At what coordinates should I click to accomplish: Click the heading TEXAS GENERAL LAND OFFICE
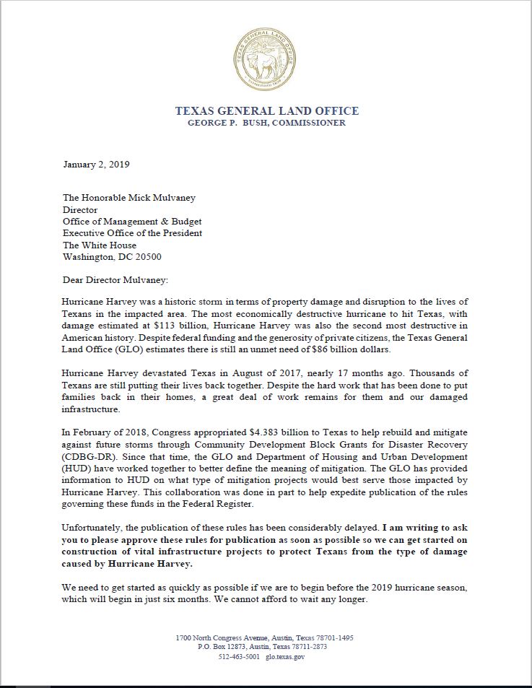(x=266, y=111)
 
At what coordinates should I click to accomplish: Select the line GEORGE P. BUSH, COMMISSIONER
(x=266, y=123)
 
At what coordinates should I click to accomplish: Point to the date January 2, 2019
(x=96, y=165)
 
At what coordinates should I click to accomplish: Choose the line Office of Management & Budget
(x=132, y=222)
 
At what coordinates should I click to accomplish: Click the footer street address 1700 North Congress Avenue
(x=235, y=638)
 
